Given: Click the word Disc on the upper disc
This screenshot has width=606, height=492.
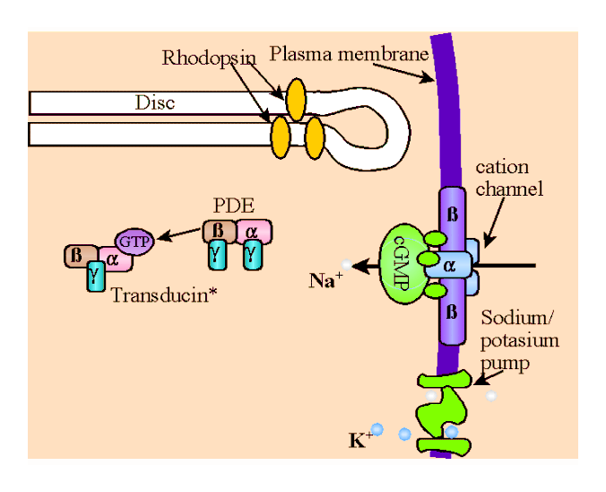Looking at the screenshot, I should (155, 102).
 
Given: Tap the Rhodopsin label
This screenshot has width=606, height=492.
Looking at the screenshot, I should (209, 58).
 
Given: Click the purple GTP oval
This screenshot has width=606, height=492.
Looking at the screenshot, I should (136, 241).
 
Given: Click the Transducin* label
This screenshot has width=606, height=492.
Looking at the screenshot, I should (168, 294).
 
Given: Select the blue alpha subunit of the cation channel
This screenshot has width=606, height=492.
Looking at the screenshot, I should (450, 265).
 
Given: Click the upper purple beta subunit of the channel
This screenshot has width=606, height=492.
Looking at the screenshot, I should (450, 215).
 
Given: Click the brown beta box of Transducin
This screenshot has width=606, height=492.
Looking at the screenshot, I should (76, 257).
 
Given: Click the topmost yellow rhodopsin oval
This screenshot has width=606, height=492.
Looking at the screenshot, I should (295, 92).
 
